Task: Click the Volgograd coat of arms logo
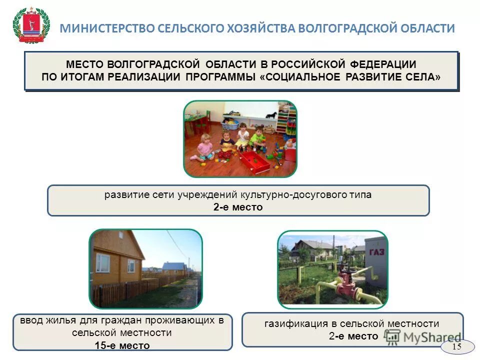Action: [x=30, y=25]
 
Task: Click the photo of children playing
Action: [x=240, y=138]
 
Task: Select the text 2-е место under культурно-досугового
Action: [x=238, y=207]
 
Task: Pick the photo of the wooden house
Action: [x=145, y=268]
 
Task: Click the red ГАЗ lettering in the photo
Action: [x=376, y=251]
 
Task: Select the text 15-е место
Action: [x=122, y=345]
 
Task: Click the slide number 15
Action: [x=456, y=346]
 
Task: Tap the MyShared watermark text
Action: [x=432, y=337]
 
